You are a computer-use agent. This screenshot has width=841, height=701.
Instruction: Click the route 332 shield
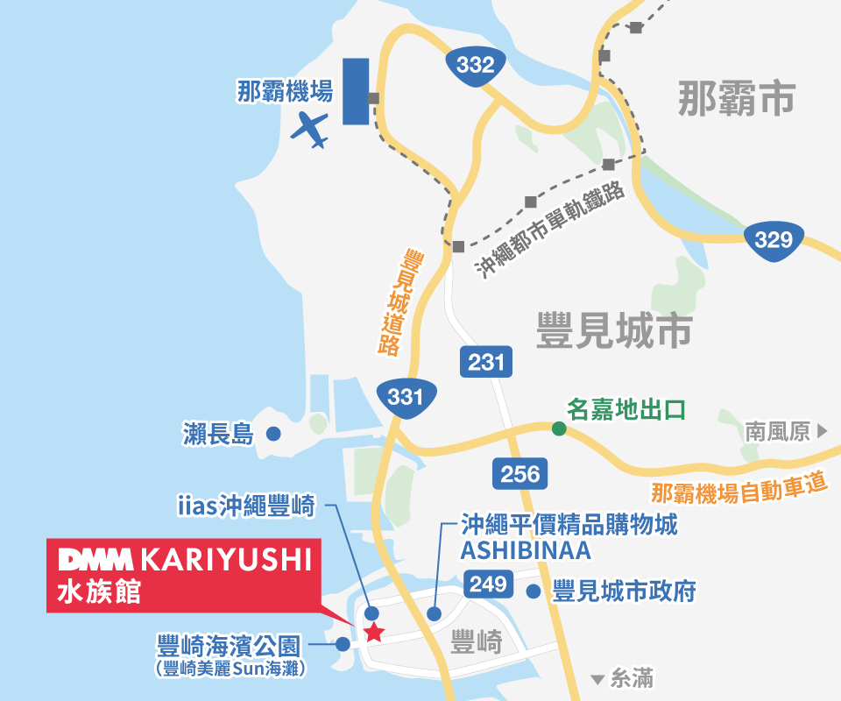coord(476,65)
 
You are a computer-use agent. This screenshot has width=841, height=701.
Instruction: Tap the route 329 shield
coord(773,239)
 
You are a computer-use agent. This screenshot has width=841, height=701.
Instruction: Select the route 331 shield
coord(406,397)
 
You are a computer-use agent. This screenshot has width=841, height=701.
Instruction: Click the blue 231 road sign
coord(486,362)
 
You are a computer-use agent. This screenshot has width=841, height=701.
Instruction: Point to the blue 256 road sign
coord(520,474)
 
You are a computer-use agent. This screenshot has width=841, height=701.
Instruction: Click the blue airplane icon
coord(309,130)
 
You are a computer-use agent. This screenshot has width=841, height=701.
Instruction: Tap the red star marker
coord(374,632)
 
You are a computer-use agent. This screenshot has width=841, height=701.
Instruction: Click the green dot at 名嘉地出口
coord(558,428)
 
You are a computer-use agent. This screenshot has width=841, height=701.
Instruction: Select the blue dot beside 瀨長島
coord(273,433)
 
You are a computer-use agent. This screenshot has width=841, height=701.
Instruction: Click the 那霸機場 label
coord(285,91)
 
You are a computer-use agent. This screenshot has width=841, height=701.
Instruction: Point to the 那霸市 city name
coord(736,98)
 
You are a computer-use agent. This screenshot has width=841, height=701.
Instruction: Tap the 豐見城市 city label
coord(614,331)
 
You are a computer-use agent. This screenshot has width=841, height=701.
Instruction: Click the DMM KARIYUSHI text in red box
coord(185,559)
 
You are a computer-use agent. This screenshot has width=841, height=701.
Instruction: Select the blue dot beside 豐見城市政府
coord(534,591)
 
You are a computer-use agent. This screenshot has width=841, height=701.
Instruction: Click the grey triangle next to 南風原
coord(822,431)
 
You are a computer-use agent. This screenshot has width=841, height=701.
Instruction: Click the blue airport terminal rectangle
coord(355,91)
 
